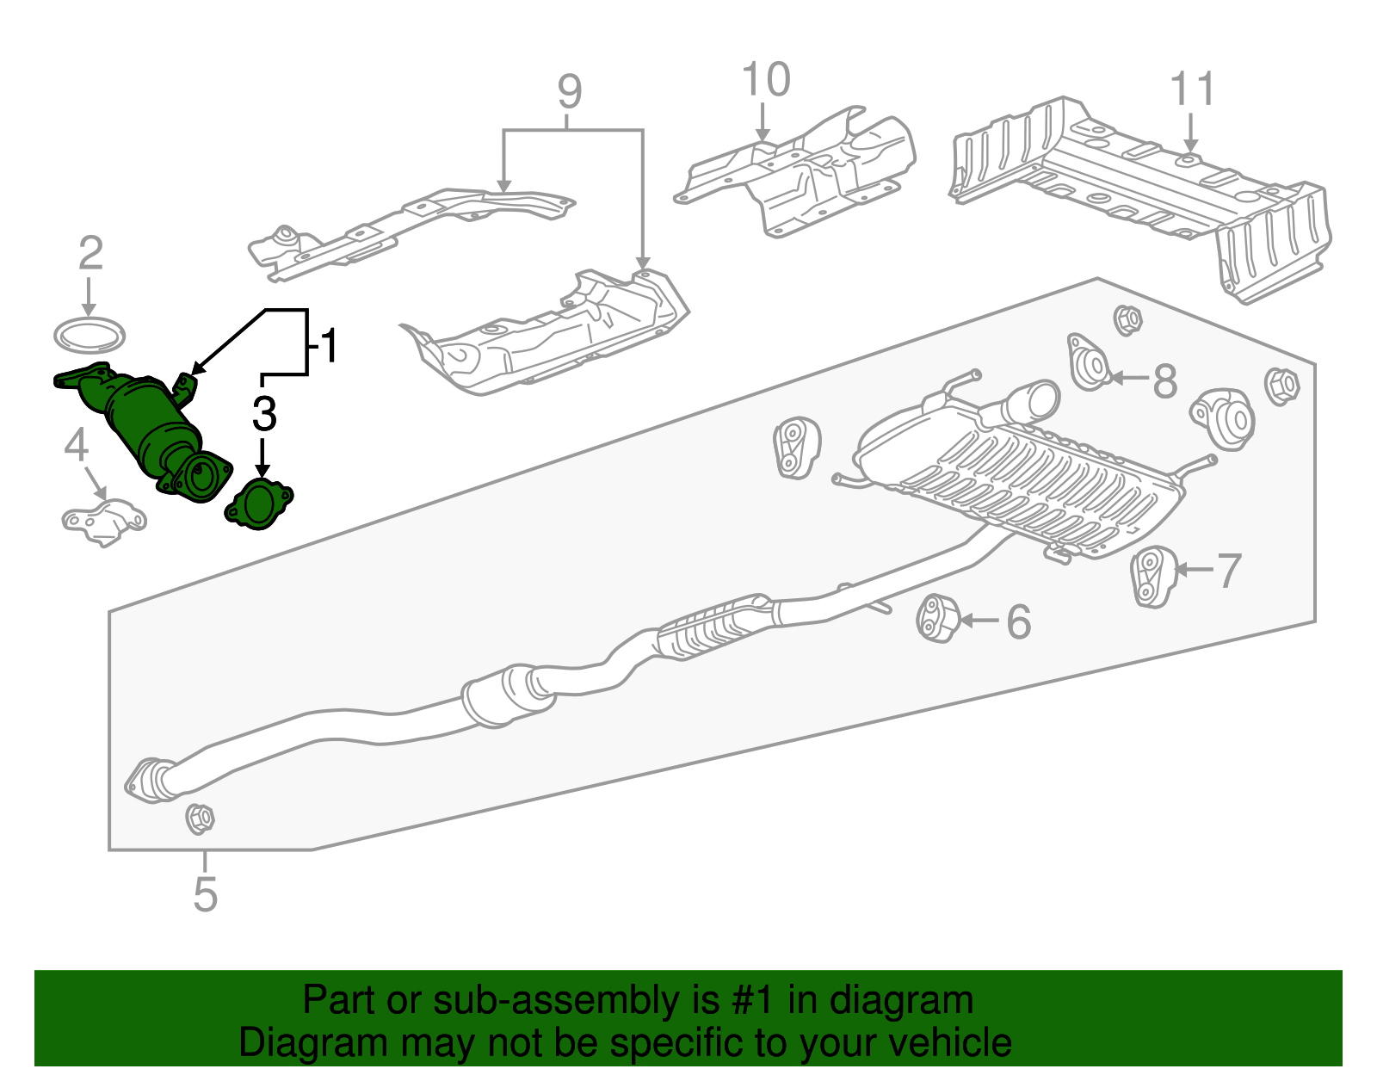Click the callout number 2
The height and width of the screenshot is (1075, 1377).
(x=90, y=253)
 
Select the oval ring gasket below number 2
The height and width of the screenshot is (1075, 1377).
(x=89, y=335)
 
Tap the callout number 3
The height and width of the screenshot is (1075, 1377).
(x=264, y=414)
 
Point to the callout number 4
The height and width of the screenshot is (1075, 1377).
(x=77, y=446)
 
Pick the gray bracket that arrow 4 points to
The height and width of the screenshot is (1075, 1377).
(x=103, y=522)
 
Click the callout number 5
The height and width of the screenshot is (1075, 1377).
(x=205, y=894)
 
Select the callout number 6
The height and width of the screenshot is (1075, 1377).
(x=1019, y=621)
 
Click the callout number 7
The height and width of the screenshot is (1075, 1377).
(x=1229, y=571)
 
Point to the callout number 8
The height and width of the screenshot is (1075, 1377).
(x=1164, y=380)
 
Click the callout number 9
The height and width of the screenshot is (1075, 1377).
(x=569, y=91)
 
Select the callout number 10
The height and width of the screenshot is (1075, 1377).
(x=765, y=80)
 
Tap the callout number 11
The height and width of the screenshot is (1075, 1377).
(x=1192, y=90)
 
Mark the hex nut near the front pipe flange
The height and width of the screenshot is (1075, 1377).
(x=200, y=818)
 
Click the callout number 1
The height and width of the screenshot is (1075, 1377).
(x=328, y=346)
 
